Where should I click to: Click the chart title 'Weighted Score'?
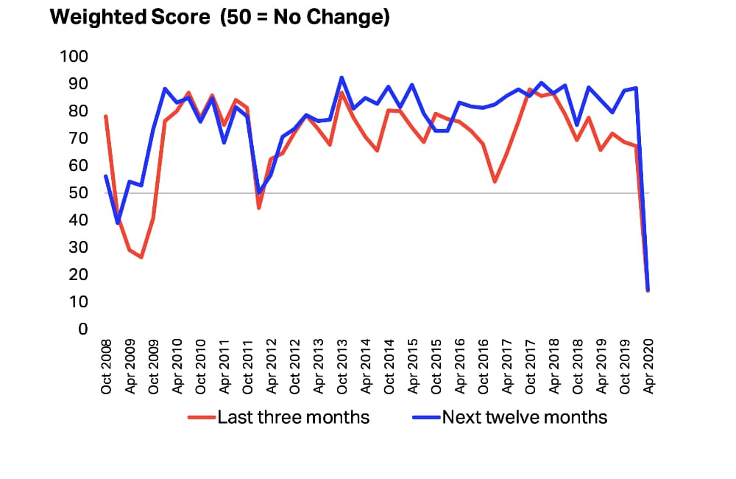click(130, 18)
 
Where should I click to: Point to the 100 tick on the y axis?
click(74, 57)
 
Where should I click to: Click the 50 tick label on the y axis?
click(78, 193)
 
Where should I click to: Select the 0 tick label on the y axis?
click(83, 329)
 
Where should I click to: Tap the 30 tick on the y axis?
click(78, 248)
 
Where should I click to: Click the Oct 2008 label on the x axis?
click(107, 367)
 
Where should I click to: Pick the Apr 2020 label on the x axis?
click(648, 367)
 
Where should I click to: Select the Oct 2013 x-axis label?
click(342, 367)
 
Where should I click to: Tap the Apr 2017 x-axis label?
click(507, 367)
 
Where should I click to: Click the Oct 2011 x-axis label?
click(248, 367)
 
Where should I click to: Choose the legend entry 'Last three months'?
click(279, 417)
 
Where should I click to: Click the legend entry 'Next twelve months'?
click(510, 417)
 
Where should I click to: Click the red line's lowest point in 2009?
click(141, 257)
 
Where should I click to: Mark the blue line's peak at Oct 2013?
click(342, 77)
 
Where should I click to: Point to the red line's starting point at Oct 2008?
click(106, 116)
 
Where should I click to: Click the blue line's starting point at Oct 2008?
click(106, 176)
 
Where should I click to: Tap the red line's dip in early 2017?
click(495, 181)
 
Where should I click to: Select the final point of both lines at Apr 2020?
click(648, 290)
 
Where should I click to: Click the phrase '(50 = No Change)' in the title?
click(305, 18)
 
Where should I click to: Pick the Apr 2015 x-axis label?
click(413, 367)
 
